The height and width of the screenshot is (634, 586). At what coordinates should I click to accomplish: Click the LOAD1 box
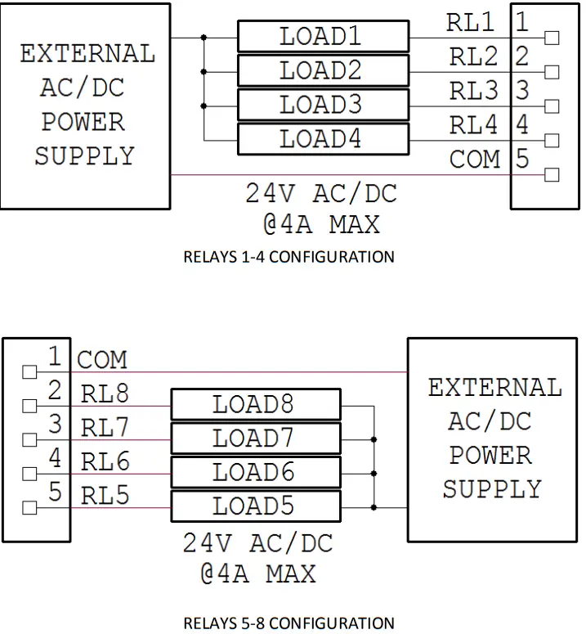point(323,37)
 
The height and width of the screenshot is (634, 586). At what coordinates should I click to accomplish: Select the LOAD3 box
point(323,106)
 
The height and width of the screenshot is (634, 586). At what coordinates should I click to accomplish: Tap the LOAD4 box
point(323,139)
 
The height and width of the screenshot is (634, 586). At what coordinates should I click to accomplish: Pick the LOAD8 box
point(255,404)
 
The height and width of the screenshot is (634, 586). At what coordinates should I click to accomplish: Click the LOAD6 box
point(255,473)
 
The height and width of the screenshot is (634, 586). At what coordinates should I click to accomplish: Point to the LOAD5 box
point(255,506)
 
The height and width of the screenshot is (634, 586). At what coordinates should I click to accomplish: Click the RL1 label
point(472,23)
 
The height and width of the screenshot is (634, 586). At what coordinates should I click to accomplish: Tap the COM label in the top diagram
point(474,160)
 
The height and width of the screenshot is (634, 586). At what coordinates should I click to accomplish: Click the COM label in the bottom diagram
point(102,359)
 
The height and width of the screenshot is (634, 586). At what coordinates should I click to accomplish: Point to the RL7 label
point(105,428)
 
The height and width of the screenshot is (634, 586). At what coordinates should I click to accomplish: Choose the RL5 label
point(105,495)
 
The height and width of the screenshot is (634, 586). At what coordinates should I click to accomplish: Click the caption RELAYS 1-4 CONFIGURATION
point(289,257)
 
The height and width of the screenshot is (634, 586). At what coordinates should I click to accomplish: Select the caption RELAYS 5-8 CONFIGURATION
point(289,623)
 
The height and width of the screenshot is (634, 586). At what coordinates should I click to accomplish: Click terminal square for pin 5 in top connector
point(552,174)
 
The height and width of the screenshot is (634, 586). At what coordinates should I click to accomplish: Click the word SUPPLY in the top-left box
point(84,156)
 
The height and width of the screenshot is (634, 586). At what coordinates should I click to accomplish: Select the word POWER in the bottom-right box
point(492,455)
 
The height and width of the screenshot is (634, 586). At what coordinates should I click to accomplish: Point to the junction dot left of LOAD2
point(204,71)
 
